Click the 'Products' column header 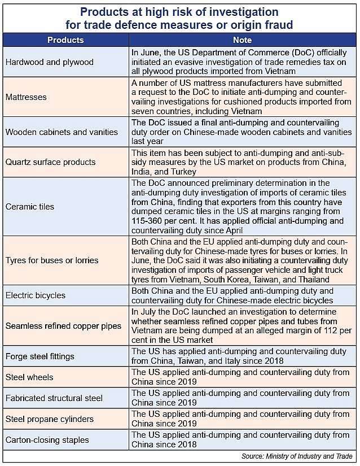coord(65,40)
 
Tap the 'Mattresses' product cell coord(26,97)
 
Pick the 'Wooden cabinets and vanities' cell coord(62,132)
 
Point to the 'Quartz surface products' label coord(51,162)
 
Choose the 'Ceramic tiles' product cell coord(30,207)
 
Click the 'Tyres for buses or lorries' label coord(52,260)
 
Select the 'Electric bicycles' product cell coord(36,295)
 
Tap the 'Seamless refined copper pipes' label coord(63,326)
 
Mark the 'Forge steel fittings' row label coord(39,357)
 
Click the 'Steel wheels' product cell coord(29,377)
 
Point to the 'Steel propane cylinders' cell coord(50,419)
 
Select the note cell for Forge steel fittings coord(239,356)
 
